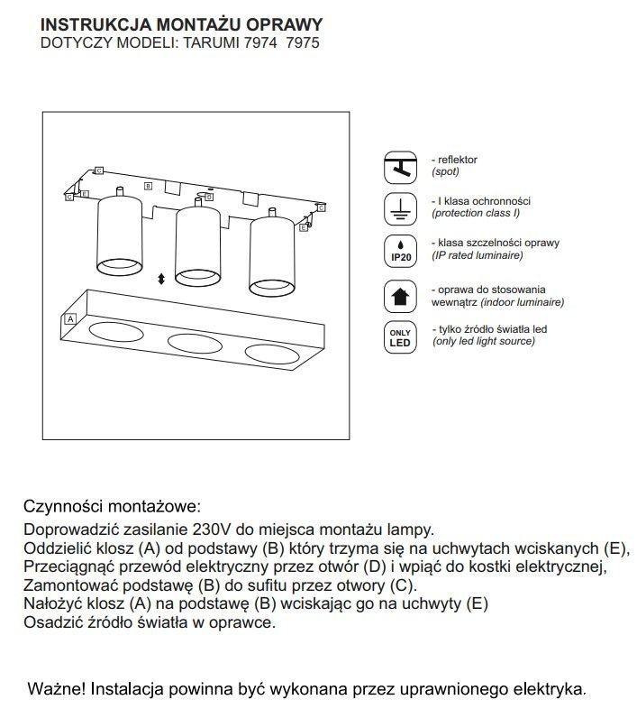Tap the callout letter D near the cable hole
click(x=209, y=195)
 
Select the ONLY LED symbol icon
click(x=399, y=337)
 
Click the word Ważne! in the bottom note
click(x=56, y=688)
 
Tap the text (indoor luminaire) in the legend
click(x=522, y=303)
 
